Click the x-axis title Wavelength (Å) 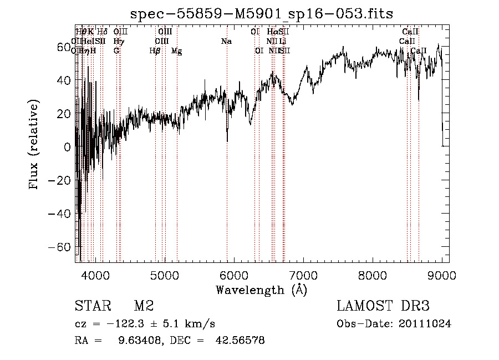pyautogui.click(x=261, y=290)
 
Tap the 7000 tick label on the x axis pyautogui.click(x=303, y=275)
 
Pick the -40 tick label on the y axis pyautogui.click(x=60, y=214)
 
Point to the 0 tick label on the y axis pyautogui.click(x=67, y=147)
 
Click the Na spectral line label pyautogui.click(x=226, y=41)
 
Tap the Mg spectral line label pyautogui.click(x=177, y=51)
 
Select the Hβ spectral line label pyautogui.click(x=155, y=51)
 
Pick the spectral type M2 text pyautogui.click(x=143, y=306)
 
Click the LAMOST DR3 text pyautogui.click(x=383, y=306)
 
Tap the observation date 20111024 pyautogui.click(x=425, y=323)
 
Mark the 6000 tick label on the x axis pyautogui.click(x=233, y=275)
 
